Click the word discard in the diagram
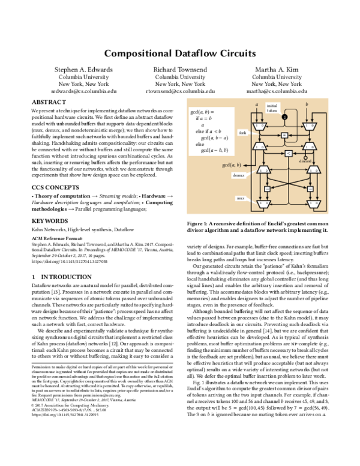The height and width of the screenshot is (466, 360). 305,161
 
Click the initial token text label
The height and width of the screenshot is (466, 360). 272,108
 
